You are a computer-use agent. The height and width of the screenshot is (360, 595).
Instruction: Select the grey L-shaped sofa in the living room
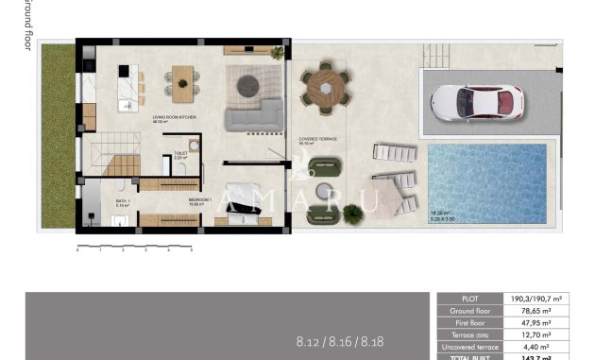(x=252, y=117)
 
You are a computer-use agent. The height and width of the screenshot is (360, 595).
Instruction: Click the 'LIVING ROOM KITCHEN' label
(x=173, y=119)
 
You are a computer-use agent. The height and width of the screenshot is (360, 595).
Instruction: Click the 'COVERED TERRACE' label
(x=318, y=139)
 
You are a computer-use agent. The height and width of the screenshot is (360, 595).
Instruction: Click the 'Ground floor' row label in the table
(x=470, y=309)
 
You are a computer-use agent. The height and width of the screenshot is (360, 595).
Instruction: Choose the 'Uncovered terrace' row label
(x=470, y=346)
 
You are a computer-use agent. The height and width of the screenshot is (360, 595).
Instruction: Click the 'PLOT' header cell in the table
(x=470, y=297)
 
